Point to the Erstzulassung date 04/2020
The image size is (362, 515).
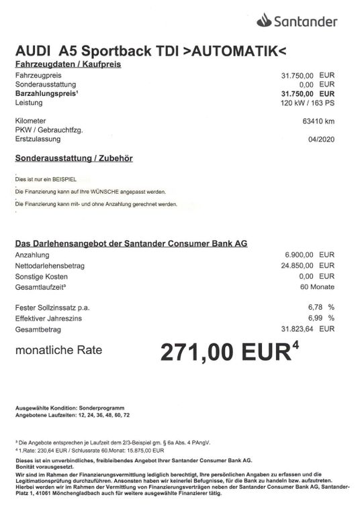click(321, 139)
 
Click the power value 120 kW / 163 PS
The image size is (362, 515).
click(308, 103)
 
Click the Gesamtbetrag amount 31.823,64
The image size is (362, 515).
click(298, 329)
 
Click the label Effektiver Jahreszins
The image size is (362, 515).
click(48, 318)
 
